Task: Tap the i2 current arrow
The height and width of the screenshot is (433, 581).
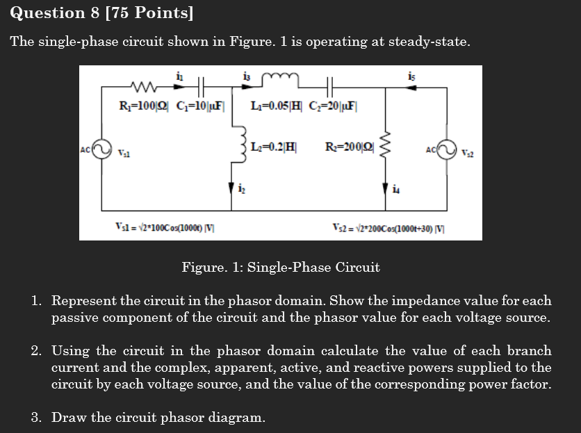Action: pos(231,188)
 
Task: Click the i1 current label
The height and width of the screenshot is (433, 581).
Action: pos(181,76)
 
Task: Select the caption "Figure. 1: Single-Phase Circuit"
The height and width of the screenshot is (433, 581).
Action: pos(280,267)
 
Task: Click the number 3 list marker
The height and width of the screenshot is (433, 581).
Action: pos(36,417)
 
